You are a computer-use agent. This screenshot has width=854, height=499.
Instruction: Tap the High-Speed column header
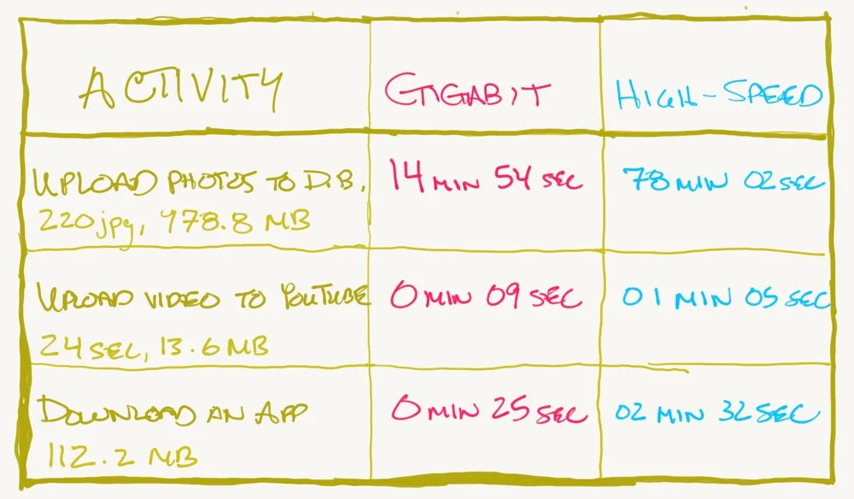(x=719, y=95)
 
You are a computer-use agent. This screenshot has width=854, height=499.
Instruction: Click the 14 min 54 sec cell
(x=484, y=178)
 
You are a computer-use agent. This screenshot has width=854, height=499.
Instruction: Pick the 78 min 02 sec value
(x=722, y=181)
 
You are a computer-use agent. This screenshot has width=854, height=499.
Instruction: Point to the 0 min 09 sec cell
(x=485, y=296)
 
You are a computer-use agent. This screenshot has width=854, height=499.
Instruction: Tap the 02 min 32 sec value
(x=717, y=414)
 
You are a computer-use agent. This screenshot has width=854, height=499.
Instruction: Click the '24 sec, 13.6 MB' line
(x=154, y=346)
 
